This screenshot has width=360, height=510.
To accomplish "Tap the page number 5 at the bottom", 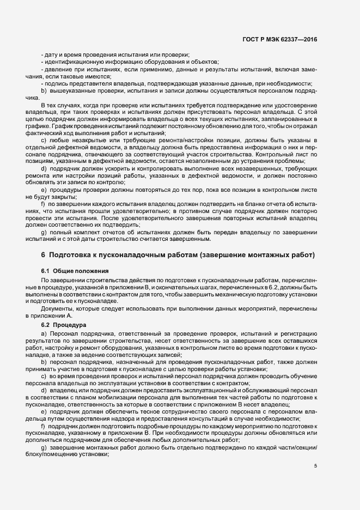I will pyautogui.click(x=315, y=465).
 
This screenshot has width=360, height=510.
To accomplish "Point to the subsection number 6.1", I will pyautogui.click(x=46, y=271).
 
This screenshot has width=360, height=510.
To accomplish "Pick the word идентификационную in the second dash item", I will pyautogui.click(x=71, y=63).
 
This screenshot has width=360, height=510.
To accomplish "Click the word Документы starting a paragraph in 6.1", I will pyautogui.click(x=56, y=309).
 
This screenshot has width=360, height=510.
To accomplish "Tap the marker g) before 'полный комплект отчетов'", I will pyautogui.click(x=43, y=233).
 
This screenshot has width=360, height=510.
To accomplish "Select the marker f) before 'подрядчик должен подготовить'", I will pyautogui.click(x=43, y=424).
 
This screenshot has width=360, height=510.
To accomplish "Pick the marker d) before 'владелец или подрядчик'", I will pyautogui.click(x=43, y=390).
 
